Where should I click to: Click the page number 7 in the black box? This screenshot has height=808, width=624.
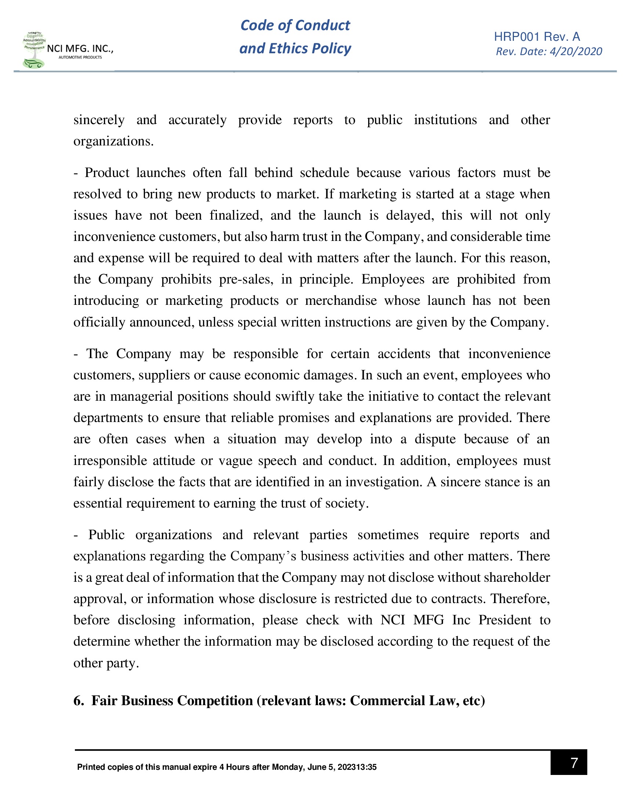click(574, 762)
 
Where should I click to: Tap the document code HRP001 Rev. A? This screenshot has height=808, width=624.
click(537, 37)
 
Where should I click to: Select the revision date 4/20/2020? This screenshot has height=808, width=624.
click(576, 51)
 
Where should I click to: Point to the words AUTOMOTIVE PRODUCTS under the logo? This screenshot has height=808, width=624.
click(80, 57)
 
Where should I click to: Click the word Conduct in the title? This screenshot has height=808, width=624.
click(322, 25)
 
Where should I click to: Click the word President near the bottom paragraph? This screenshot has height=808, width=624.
click(504, 620)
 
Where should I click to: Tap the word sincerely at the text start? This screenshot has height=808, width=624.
click(99, 120)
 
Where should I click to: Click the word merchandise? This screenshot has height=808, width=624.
click(341, 300)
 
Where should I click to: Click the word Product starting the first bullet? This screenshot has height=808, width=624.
click(107, 173)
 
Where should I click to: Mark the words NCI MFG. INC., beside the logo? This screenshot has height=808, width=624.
click(80, 48)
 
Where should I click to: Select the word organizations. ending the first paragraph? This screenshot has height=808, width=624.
click(113, 141)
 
